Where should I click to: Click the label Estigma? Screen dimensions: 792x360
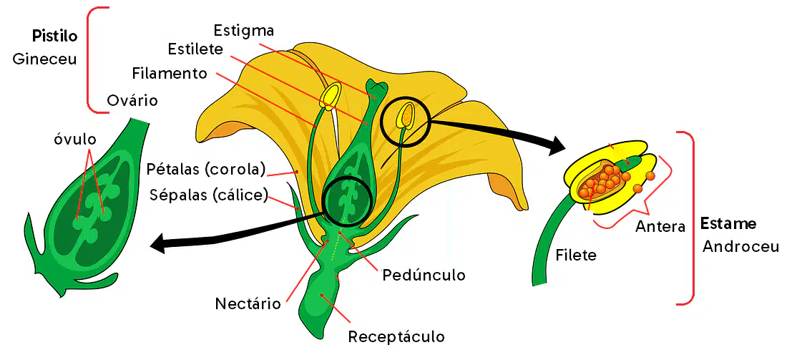click(244, 30)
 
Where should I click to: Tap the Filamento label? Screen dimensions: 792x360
click(170, 73)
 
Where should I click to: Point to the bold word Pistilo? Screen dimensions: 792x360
click(54, 37)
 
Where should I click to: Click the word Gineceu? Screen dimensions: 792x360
click(44, 59)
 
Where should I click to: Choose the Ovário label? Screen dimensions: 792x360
click(132, 100)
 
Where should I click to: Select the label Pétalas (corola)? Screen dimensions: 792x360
click(206, 170)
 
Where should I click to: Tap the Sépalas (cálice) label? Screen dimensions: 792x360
click(209, 195)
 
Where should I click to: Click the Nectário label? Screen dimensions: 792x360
click(248, 304)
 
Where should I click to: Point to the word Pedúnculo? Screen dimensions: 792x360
click(424, 276)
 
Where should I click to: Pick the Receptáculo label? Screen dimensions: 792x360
click(396, 336)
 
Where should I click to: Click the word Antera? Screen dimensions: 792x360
click(660, 226)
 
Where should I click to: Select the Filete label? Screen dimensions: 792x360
click(577, 255)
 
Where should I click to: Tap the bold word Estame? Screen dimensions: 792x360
click(728, 223)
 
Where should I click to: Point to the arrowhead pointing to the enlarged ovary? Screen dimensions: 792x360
click(160, 243)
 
